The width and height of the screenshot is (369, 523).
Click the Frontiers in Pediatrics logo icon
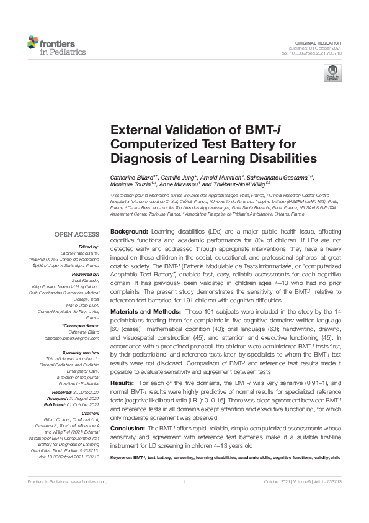pos(33,43)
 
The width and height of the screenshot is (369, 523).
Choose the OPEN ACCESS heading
pos(78,234)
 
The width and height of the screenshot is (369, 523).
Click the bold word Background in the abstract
pos(129,231)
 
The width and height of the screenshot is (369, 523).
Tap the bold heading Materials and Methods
pos(146,311)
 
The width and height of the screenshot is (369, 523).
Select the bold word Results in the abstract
pos(122,384)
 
